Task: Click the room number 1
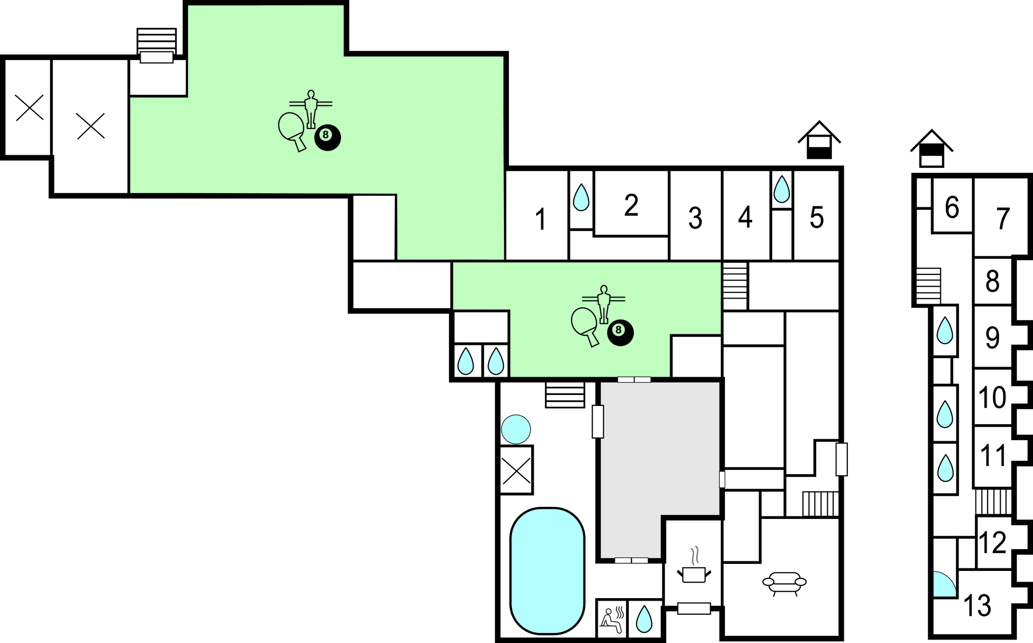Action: (x=541, y=219)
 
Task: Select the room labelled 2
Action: (x=631, y=205)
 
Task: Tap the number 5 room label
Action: (x=817, y=218)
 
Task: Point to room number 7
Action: (x=1003, y=219)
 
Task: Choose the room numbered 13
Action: (x=978, y=606)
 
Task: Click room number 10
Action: (x=993, y=398)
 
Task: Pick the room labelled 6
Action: (x=952, y=207)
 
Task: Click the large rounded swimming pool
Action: (x=547, y=570)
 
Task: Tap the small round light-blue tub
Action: (x=515, y=429)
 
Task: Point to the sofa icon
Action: (x=784, y=583)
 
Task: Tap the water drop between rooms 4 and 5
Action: (x=782, y=189)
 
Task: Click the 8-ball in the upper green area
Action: (x=327, y=137)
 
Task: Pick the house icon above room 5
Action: (x=819, y=140)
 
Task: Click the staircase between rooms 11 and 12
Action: (x=993, y=502)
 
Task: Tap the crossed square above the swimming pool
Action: (x=516, y=470)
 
